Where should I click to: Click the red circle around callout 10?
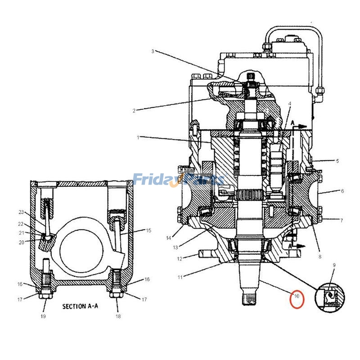[297, 299]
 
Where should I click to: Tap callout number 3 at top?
[153, 51]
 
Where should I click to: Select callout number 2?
[134, 110]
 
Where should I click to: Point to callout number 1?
[138, 137]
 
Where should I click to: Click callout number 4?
[290, 103]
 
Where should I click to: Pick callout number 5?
[337, 161]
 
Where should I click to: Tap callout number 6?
[342, 191]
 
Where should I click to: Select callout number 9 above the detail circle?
[333, 265]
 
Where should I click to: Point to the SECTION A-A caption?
[80, 306]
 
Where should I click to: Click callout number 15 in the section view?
[148, 230]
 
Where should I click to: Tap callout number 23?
[21, 212]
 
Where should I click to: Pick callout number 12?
[180, 258]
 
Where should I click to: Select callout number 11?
[180, 277]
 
